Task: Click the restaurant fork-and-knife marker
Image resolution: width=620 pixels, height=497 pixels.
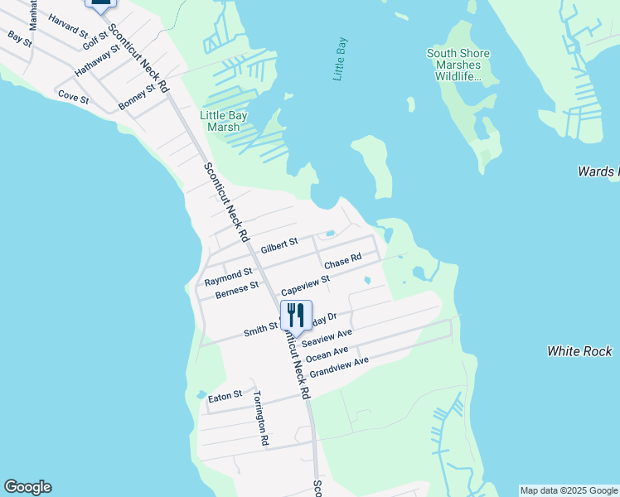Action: (296, 316)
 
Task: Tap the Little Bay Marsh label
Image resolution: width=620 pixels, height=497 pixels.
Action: (220, 121)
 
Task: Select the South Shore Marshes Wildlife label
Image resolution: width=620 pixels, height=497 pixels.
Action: (458, 65)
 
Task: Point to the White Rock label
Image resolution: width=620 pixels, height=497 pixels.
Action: (579, 351)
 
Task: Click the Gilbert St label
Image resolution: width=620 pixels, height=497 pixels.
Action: (279, 247)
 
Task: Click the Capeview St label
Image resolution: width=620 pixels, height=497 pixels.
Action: (305, 287)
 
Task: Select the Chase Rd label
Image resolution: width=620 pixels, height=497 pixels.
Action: (342, 261)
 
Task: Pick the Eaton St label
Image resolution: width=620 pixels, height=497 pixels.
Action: (225, 398)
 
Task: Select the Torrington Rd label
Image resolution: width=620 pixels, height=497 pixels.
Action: (261, 418)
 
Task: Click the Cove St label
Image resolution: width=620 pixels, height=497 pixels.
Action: (73, 96)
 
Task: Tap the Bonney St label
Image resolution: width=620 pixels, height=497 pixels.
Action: (137, 97)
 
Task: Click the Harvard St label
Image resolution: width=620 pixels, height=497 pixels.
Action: (68, 26)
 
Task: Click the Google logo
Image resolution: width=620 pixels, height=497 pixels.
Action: (27, 487)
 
